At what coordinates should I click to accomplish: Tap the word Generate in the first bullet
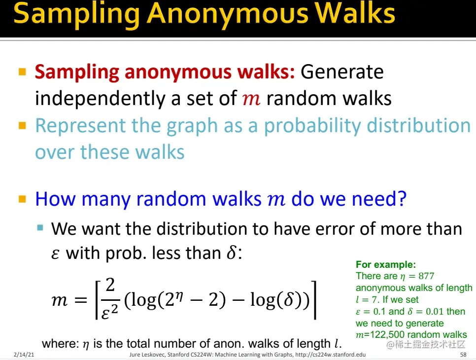[341, 72]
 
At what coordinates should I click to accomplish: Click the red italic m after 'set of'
[252, 99]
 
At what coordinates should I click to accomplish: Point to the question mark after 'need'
[402, 199]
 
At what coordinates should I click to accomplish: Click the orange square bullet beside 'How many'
[22, 199]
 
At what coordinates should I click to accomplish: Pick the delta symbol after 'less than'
[231, 253]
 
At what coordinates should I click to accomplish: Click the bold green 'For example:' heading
[386, 265]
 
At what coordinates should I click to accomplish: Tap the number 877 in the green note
[426, 276]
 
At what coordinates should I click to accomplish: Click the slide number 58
[463, 355]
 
